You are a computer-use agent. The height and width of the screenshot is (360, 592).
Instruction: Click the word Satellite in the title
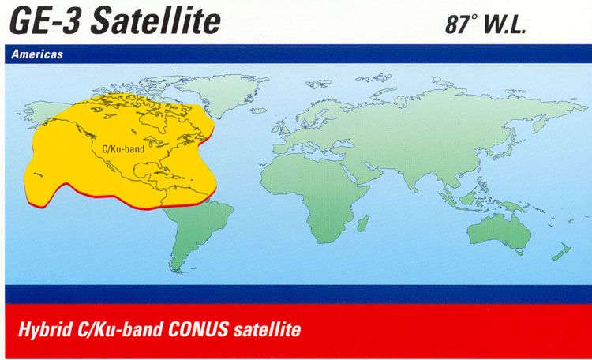pos(155,21)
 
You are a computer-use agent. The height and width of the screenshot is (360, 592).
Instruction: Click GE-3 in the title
pos(44,21)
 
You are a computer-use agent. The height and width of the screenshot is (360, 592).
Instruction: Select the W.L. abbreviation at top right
pos(504,25)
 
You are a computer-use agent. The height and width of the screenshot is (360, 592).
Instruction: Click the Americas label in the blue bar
pos(37,54)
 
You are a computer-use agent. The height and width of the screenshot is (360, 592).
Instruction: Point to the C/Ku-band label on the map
pos(123,149)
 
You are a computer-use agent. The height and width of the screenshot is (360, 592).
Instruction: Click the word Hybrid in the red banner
pos(45,329)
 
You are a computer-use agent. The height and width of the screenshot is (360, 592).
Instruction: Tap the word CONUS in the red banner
pos(198,328)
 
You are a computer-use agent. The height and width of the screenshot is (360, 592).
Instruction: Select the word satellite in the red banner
pos(267,329)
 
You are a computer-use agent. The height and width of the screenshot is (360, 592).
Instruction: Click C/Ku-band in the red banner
pos(120,328)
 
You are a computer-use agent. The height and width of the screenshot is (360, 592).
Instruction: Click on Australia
pos(499,231)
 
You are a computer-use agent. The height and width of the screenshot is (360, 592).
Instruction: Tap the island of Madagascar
pos(363,223)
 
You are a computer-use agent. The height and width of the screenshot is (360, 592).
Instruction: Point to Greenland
pos(223,92)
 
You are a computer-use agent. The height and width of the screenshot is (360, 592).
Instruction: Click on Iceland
pos(258,111)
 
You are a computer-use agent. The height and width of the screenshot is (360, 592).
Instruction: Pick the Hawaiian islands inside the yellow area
pos(38,174)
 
